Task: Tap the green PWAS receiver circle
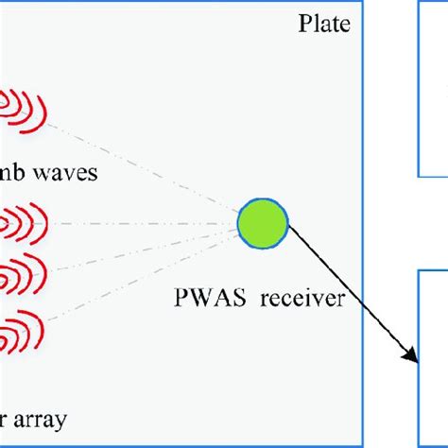[x=262, y=225]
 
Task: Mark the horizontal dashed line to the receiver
[x=142, y=225]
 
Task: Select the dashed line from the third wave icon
[x=142, y=251]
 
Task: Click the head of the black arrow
[x=413, y=357]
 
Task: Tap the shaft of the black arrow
[x=350, y=293]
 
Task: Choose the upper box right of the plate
[x=433, y=90]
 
